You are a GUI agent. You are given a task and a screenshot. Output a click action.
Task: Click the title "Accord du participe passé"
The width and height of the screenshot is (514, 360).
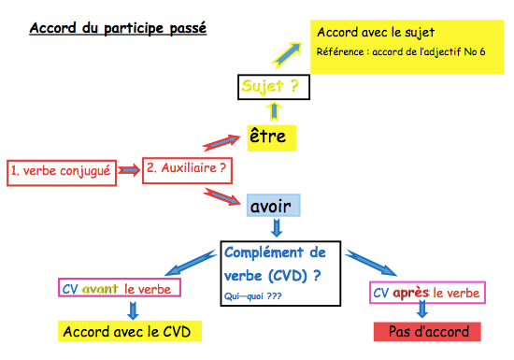click(x=118, y=27)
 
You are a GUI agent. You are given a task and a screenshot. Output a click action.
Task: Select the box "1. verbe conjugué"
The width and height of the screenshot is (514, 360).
click(x=61, y=171)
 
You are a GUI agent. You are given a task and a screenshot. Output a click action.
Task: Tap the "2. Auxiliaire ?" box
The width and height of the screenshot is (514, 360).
click(x=187, y=169)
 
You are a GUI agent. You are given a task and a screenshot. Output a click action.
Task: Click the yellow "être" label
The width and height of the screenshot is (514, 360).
click(x=272, y=137)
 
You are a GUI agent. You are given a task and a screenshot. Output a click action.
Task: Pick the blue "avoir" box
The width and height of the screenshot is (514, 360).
click(x=273, y=206)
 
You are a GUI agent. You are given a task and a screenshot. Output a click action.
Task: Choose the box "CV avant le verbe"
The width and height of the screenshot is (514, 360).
click(x=119, y=289)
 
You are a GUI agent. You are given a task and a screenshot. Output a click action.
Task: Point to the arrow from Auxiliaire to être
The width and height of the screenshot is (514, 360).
click(x=220, y=141)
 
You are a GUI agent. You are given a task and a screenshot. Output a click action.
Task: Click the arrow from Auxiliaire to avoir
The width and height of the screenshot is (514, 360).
click(x=221, y=196)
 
